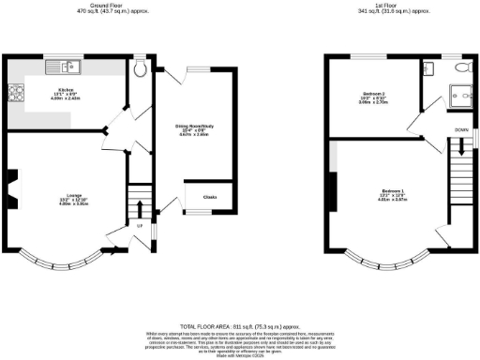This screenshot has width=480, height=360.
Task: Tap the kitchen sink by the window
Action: (67, 67)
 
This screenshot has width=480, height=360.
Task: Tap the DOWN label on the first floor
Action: (460, 129)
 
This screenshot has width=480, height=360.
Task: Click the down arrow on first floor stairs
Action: (460, 150)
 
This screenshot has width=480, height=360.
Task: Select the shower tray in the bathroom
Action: (458, 94)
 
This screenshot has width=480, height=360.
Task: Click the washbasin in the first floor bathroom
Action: (427, 67)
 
